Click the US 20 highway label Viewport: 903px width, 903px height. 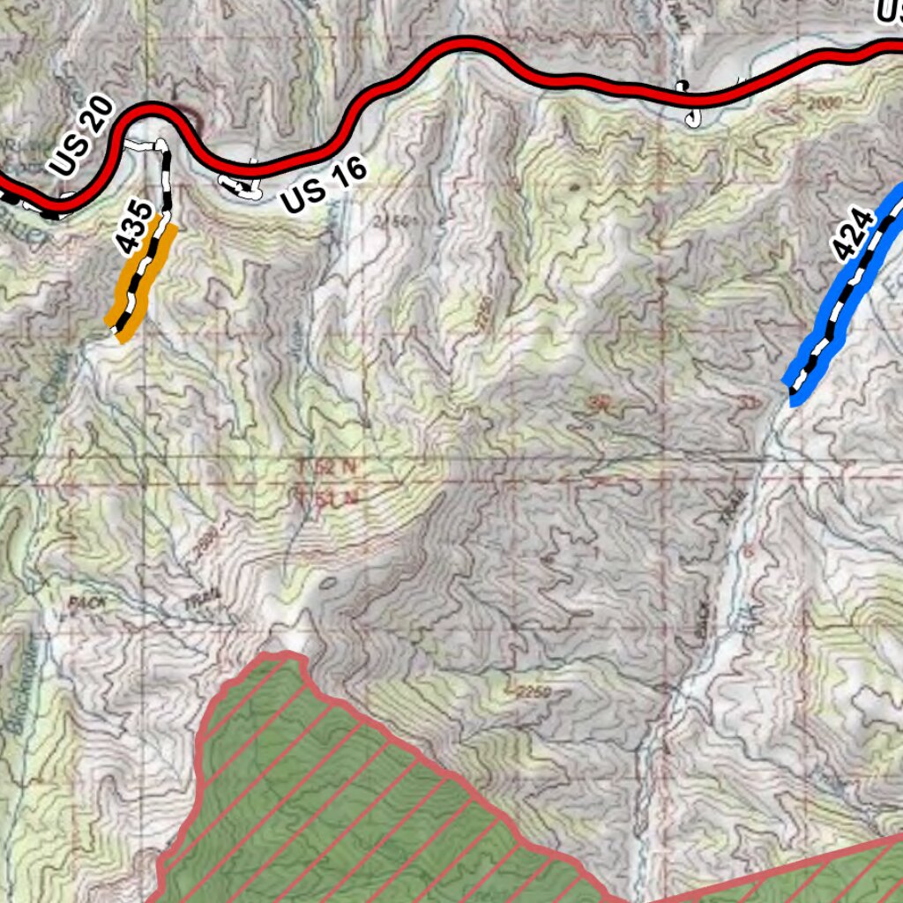click(82, 138)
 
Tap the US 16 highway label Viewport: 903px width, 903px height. click(324, 188)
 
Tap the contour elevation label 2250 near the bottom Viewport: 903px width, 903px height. click(528, 692)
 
